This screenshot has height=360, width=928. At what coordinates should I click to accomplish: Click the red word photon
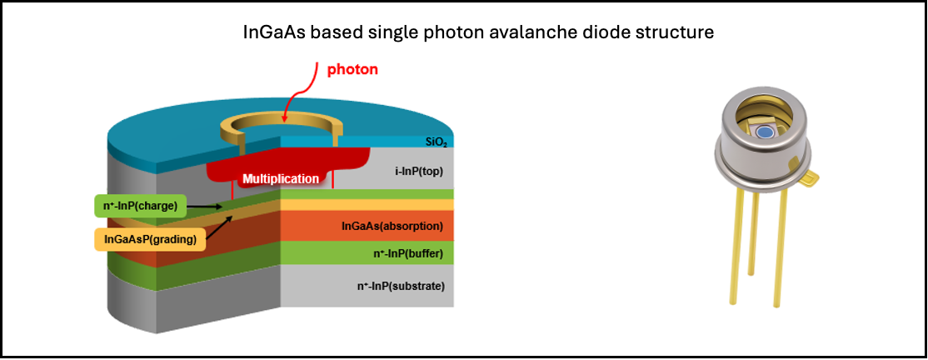pos(352,69)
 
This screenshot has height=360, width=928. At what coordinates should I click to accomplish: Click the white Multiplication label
pos(280,178)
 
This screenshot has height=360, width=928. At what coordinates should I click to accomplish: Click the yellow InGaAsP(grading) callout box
pos(150,240)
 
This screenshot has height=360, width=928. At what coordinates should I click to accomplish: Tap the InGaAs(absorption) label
pos(392,226)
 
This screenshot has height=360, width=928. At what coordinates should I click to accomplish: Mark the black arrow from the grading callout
pos(218,227)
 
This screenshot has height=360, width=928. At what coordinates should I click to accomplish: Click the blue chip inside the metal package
pos(765,131)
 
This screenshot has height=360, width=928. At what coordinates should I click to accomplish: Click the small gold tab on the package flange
pos(812,175)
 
